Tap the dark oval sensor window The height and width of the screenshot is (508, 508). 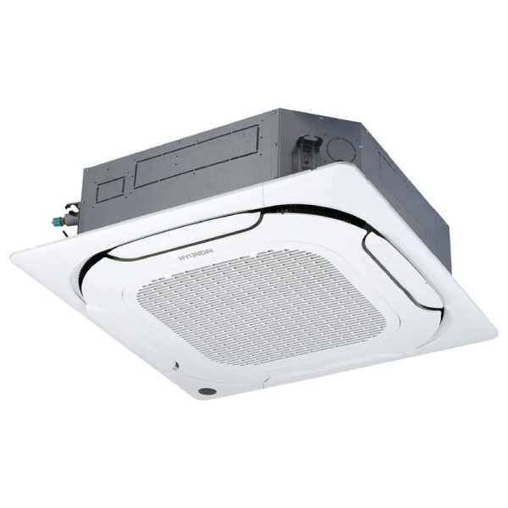click(207, 391)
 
